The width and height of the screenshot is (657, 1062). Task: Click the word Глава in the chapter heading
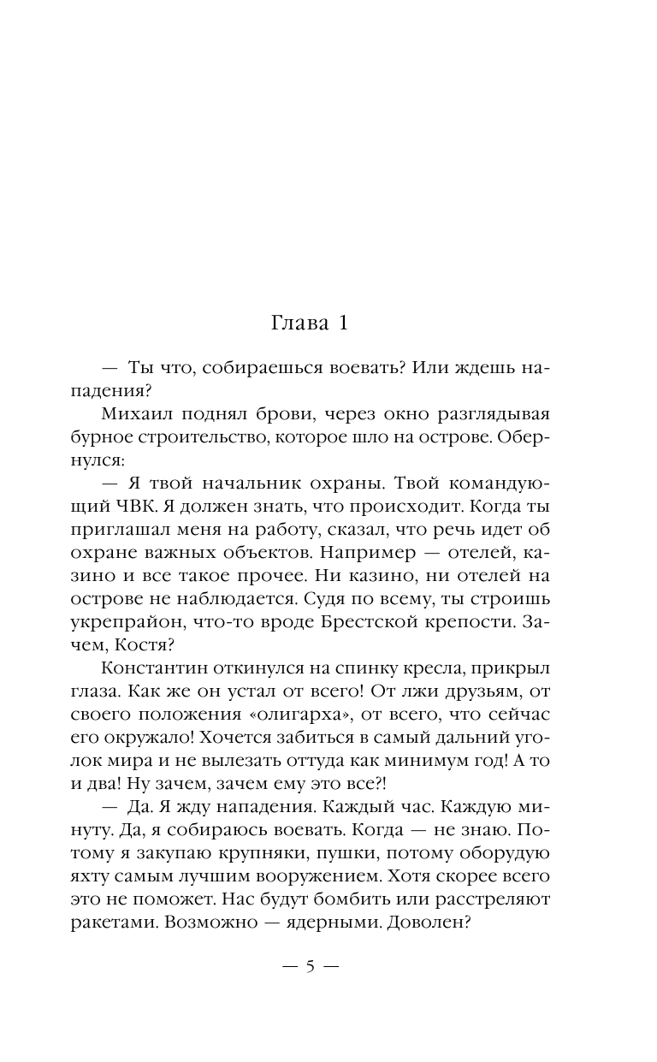point(293,323)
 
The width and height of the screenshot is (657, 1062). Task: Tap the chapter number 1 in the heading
point(341,323)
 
